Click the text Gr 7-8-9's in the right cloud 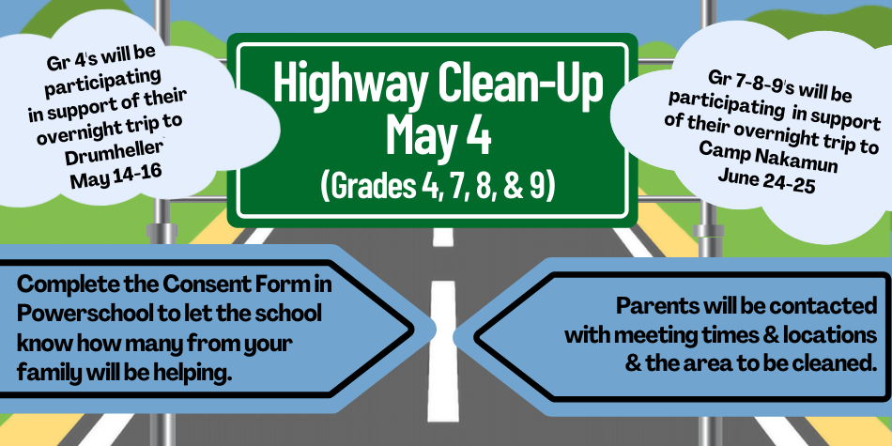click(x=744, y=83)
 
